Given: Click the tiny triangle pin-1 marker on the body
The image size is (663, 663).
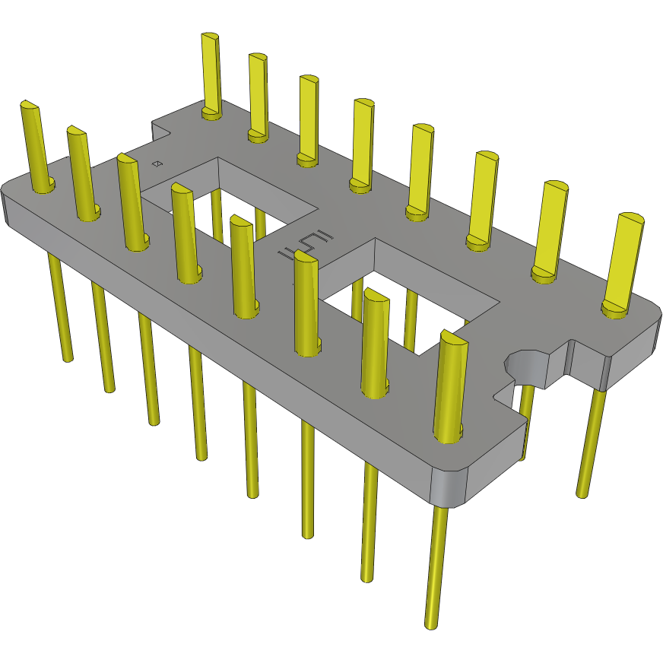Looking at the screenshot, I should (157, 163).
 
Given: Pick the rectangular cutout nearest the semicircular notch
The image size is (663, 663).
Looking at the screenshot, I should (411, 293).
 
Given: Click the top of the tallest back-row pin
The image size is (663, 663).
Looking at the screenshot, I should (210, 37).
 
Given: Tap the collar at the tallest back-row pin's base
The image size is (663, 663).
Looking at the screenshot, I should (212, 114).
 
